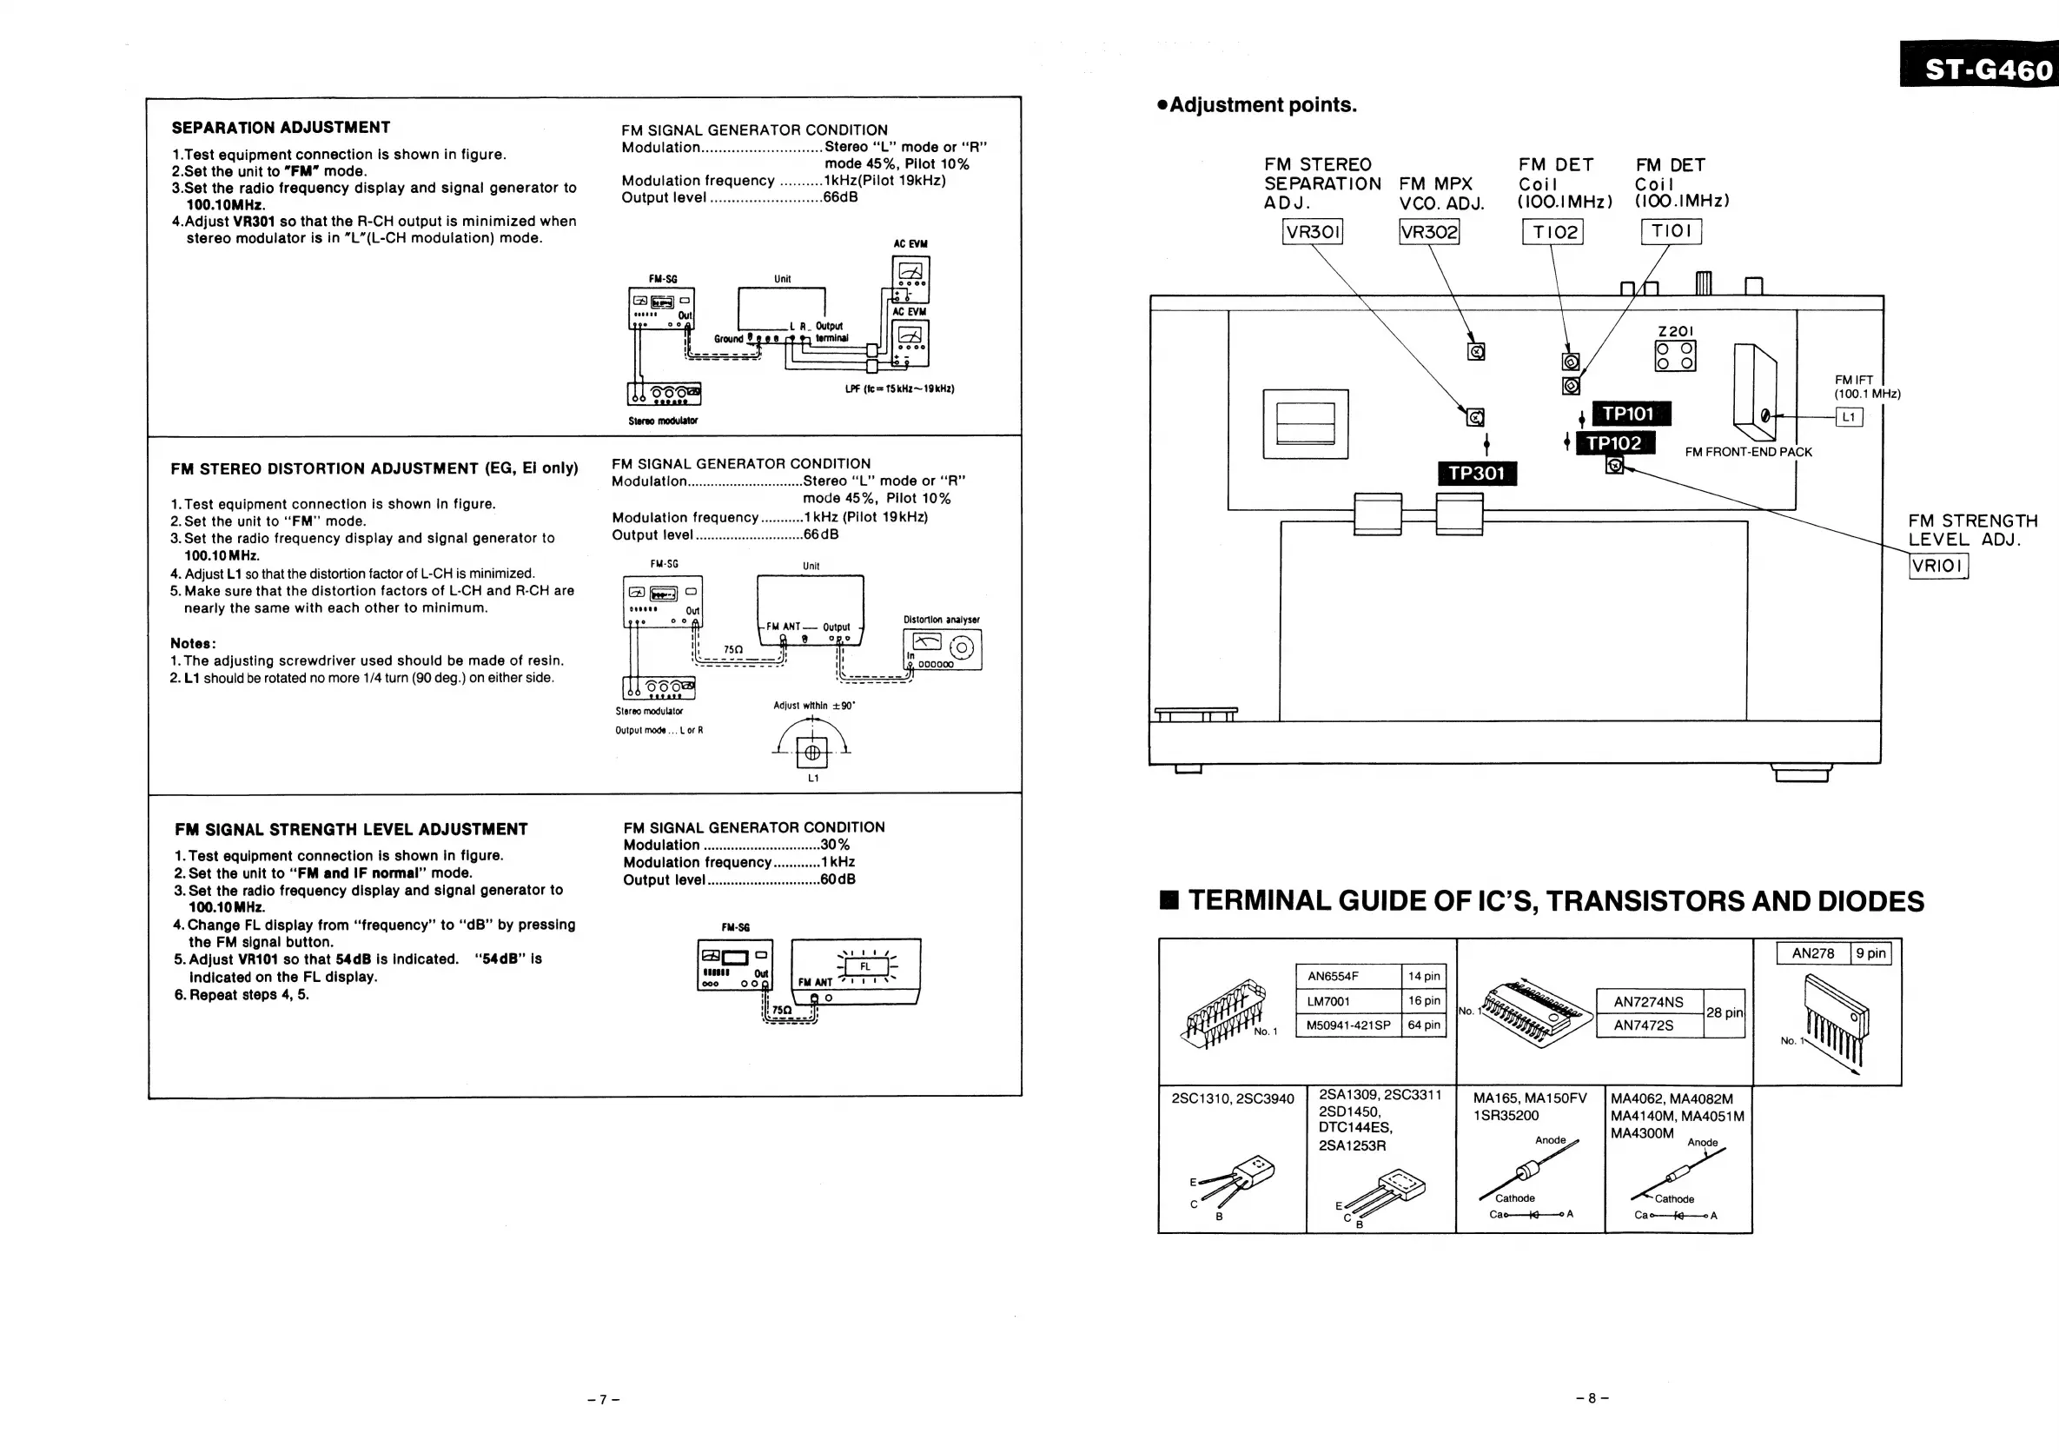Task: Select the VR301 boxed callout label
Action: [1313, 232]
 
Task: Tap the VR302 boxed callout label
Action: [1428, 232]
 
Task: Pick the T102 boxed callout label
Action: [1553, 232]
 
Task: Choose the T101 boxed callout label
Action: [1671, 231]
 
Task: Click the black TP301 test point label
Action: [1477, 473]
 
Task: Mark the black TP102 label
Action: [1613, 443]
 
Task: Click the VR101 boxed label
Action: [1938, 566]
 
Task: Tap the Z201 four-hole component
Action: [1674, 355]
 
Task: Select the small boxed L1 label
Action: [1848, 417]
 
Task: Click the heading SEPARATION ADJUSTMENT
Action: [281, 128]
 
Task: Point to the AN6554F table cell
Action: [1347, 976]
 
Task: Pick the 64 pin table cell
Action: [1424, 1025]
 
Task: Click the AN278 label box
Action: [1813, 953]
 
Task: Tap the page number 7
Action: [604, 1399]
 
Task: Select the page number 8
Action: [1592, 1397]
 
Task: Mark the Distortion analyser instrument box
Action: [942, 649]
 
